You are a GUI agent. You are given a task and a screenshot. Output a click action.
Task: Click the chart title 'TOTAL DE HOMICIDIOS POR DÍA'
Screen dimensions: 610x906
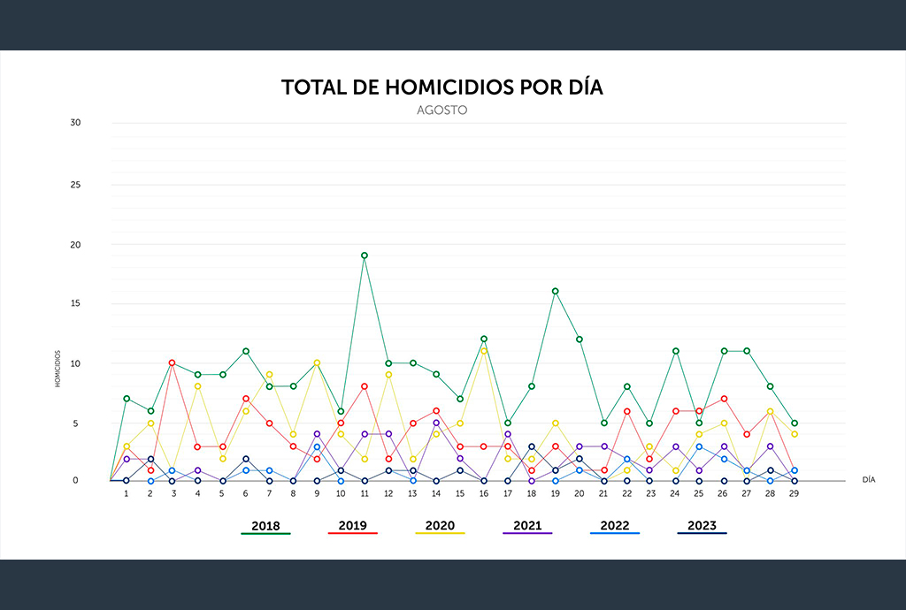[442, 87]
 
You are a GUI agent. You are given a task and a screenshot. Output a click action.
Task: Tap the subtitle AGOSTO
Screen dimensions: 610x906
[441, 111]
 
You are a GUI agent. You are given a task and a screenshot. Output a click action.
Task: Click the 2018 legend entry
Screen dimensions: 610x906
[265, 526]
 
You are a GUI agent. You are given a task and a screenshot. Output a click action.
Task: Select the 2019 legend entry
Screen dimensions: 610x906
[352, 526]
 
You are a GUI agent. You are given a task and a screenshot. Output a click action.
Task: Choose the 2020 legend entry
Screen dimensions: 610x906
[440, 526]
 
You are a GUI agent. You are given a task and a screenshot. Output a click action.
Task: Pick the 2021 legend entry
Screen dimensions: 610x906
[526, 526]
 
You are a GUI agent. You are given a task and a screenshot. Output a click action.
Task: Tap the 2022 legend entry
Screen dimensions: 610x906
[614, 526]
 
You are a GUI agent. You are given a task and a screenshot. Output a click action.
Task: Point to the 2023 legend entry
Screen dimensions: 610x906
[702, 526]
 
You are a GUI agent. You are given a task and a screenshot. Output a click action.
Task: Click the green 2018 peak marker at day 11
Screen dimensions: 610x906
[364, 255]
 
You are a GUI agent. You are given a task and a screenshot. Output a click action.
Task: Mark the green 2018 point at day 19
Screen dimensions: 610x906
[555, 291]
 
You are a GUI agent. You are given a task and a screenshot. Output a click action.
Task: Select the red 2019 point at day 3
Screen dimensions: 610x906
[173, 362]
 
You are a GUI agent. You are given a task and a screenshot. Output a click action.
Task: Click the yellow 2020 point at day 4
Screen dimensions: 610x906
[197, 386]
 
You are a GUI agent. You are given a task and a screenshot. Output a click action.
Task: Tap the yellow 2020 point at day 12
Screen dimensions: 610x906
[388, 374]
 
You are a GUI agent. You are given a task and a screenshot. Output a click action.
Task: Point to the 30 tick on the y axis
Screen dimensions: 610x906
[75, 123]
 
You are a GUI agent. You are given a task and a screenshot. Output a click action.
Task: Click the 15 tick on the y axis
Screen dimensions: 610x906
[75, 303]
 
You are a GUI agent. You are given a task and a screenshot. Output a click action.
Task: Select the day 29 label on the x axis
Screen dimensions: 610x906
[795, 493]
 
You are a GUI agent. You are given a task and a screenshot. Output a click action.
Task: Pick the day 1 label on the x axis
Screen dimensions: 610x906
[126, 493]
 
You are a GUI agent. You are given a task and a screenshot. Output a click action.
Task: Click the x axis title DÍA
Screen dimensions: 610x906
[869, 480]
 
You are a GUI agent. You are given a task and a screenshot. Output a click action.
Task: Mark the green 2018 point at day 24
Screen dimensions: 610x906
[675, 351]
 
